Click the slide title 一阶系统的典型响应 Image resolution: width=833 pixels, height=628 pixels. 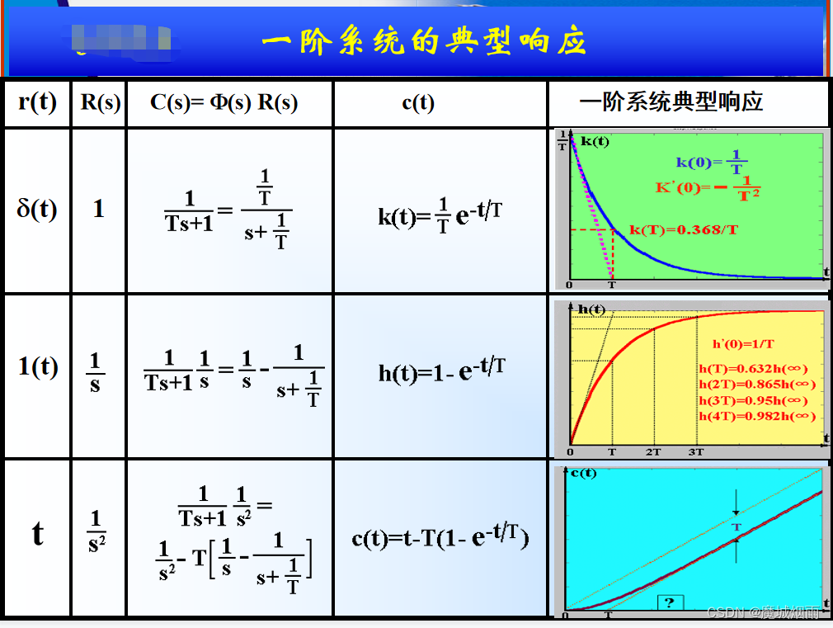423,41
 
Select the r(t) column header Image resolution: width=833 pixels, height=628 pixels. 37,102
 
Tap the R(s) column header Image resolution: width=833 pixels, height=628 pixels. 100,102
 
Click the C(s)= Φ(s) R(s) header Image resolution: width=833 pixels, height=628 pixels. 224,102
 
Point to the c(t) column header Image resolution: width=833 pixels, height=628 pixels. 418,102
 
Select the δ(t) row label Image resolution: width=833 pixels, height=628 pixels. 37,209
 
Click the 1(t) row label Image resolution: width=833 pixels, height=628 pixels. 38,366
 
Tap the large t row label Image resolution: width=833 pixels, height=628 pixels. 38,534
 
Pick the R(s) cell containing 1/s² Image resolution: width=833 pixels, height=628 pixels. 97,531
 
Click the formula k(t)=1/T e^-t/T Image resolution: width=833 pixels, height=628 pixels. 440,215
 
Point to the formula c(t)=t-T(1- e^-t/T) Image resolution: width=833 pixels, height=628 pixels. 440,537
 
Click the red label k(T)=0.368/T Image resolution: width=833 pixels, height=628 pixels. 684,229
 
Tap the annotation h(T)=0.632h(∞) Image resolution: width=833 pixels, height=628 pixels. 753,369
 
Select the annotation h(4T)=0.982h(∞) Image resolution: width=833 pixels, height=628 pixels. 756,416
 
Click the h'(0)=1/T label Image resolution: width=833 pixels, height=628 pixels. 743,343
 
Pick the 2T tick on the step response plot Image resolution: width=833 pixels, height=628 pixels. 653,452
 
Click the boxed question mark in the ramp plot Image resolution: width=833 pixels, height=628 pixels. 669,603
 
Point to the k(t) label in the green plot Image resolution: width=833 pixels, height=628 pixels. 595,141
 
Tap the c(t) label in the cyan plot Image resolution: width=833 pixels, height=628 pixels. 583,473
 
